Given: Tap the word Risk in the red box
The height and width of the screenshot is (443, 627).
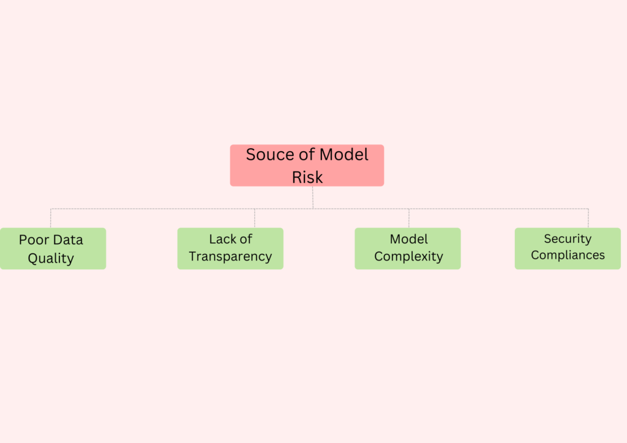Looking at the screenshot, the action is pyautogui.click(x=307, y=177).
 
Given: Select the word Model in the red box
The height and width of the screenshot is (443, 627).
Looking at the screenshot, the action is pyautogui.click(x=344, y=155).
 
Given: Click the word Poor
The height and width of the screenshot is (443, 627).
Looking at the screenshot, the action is pyautogui.click(x=34, y=240).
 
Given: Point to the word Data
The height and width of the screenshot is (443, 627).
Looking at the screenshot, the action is pyautogui.click(x=68, y=240).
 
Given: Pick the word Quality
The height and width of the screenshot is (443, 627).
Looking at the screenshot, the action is pyautogui.click(x=51, y=258).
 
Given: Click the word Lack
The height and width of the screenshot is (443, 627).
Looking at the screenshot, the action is pyautogui.click(x=222, y=239).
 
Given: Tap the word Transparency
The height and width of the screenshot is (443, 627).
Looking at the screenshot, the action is pyautogui.click(x=230, y=256).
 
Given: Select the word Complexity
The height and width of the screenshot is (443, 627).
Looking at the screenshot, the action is pyautogui.click(x=408, y=256).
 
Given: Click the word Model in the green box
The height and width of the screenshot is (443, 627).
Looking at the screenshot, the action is pyautogui.click(x=408, y=239).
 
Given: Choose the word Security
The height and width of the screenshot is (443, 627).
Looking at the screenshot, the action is pyautogui.click(x=568, y=239).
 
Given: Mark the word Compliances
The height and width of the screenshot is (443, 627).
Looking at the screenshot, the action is pyautogui.click(x=568, y=255).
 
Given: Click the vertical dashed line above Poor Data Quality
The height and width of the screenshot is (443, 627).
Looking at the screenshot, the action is pyautogui.click(x=51, y=218).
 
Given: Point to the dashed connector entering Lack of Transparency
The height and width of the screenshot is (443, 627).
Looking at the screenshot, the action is pyautogui.click(x=255, y=218).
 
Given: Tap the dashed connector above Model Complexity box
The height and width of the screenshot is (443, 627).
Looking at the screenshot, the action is pyautogui.click(x=408, y=218).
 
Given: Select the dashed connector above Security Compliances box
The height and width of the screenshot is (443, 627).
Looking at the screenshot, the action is pyautogui.click(x=588, y=218).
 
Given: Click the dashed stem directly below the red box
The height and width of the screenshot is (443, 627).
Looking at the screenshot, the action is pyautogui.click(x=313, y=198).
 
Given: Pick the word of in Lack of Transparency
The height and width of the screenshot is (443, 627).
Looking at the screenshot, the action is pyautogui.click(x=246, y=239).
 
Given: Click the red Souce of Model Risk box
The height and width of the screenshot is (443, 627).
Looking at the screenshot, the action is pyautogui.click(x=307, y=165).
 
